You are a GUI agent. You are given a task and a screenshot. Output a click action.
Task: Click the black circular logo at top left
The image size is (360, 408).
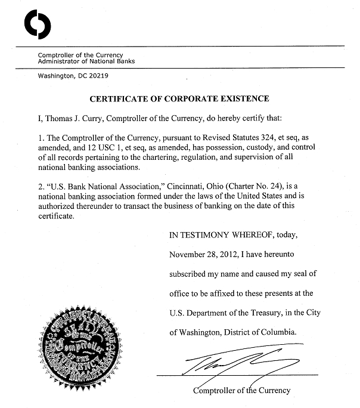click(37, 23)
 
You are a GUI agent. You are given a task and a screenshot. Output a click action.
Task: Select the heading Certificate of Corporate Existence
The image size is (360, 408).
click(179, 98)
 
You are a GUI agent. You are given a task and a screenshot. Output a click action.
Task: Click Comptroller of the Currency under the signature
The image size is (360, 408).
click(242, 391)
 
